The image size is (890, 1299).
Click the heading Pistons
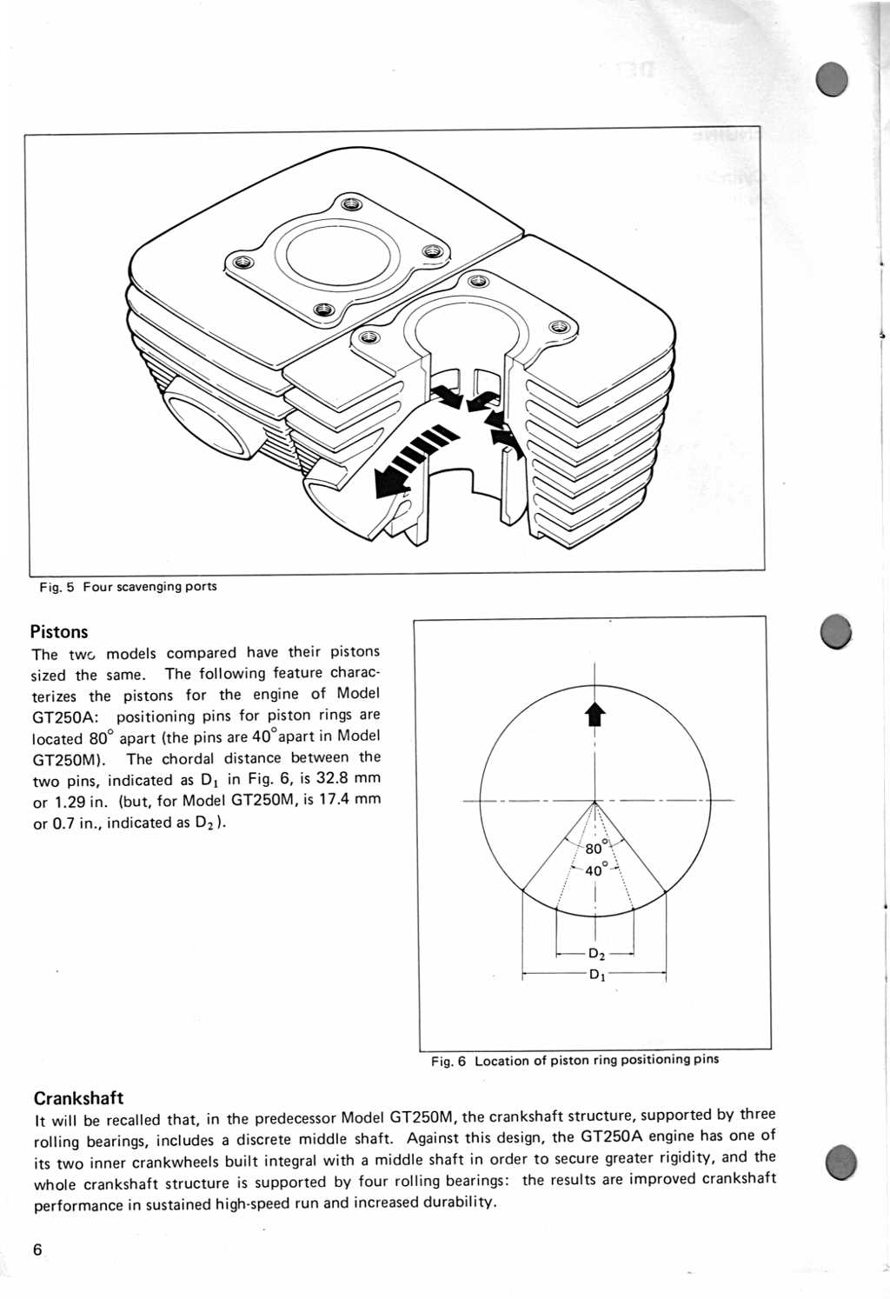pos(59,632)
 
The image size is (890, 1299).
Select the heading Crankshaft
pos(78,1098)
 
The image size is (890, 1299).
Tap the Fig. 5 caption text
pos(128,587)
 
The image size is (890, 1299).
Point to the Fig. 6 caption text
pos(575,1061)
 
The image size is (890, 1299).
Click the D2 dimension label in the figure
pos(596,954)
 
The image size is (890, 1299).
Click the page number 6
pos(37,1250)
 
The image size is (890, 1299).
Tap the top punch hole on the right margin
pos(832,81)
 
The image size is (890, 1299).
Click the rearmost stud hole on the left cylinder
pos(351,204)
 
